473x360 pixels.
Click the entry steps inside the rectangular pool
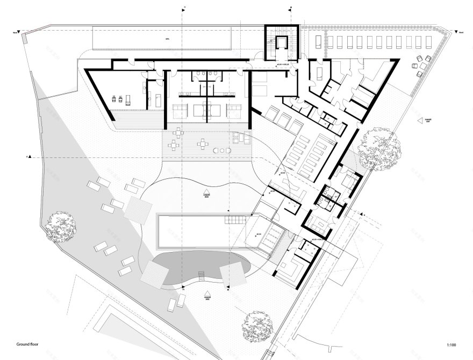(235, 219)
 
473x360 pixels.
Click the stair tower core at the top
(280, 43)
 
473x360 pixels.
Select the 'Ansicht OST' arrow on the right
(420, 121)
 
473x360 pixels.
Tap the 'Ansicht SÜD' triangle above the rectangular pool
(206, 192)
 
